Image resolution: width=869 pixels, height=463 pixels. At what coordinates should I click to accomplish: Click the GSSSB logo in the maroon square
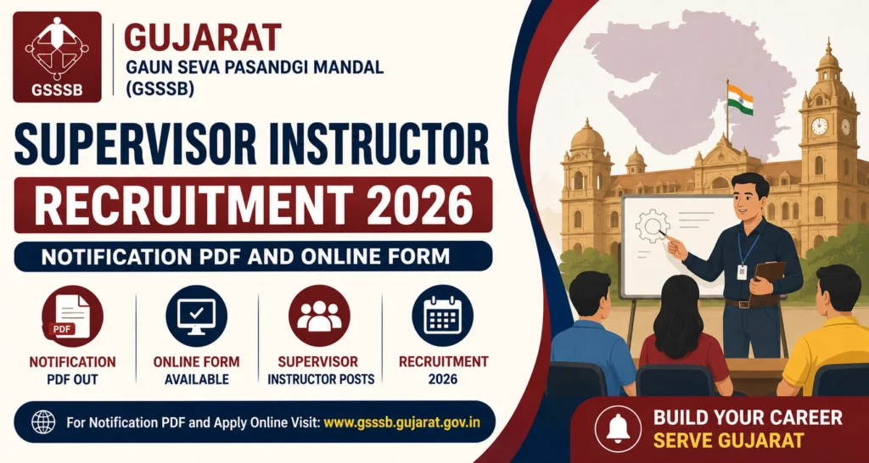[57, 57]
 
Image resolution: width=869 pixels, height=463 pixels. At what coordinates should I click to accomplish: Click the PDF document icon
[71, 315]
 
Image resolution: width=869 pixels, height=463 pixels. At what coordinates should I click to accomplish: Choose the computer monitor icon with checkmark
[196, 315]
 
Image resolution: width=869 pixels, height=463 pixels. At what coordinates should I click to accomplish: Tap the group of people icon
[319, 315]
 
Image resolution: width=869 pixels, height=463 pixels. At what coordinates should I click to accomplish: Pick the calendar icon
[443, 315]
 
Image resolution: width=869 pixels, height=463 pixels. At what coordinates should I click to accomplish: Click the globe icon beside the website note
[42, 422]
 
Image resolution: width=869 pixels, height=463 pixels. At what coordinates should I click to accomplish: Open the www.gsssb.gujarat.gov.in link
[401, 422]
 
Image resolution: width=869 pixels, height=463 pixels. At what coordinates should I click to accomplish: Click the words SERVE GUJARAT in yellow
[729, 440]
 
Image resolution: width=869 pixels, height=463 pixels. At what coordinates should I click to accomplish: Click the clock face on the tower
[819, 126]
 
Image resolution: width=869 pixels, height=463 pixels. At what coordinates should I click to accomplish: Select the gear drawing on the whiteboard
[652, 226]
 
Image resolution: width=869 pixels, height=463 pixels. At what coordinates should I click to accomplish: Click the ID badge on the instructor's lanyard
[742, 272]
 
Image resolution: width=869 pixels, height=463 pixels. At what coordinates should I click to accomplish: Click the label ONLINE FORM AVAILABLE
[197, 371]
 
